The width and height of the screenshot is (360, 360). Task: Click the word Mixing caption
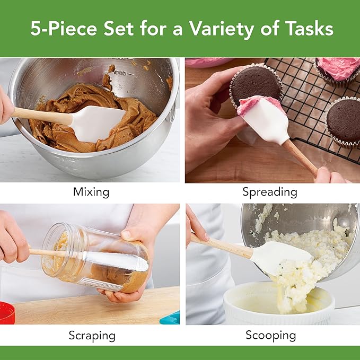(x=91, y=192)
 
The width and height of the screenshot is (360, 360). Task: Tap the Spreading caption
(x=269, y=192)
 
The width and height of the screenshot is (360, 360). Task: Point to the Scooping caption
(x=270, y=335)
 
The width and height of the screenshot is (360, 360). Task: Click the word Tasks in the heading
(x=306, y=29)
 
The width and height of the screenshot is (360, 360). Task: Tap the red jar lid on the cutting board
(x=7, y=313)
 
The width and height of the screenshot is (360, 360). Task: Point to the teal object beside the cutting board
(x=171, y=318)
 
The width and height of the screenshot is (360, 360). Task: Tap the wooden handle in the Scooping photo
(x=223, y=245)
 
